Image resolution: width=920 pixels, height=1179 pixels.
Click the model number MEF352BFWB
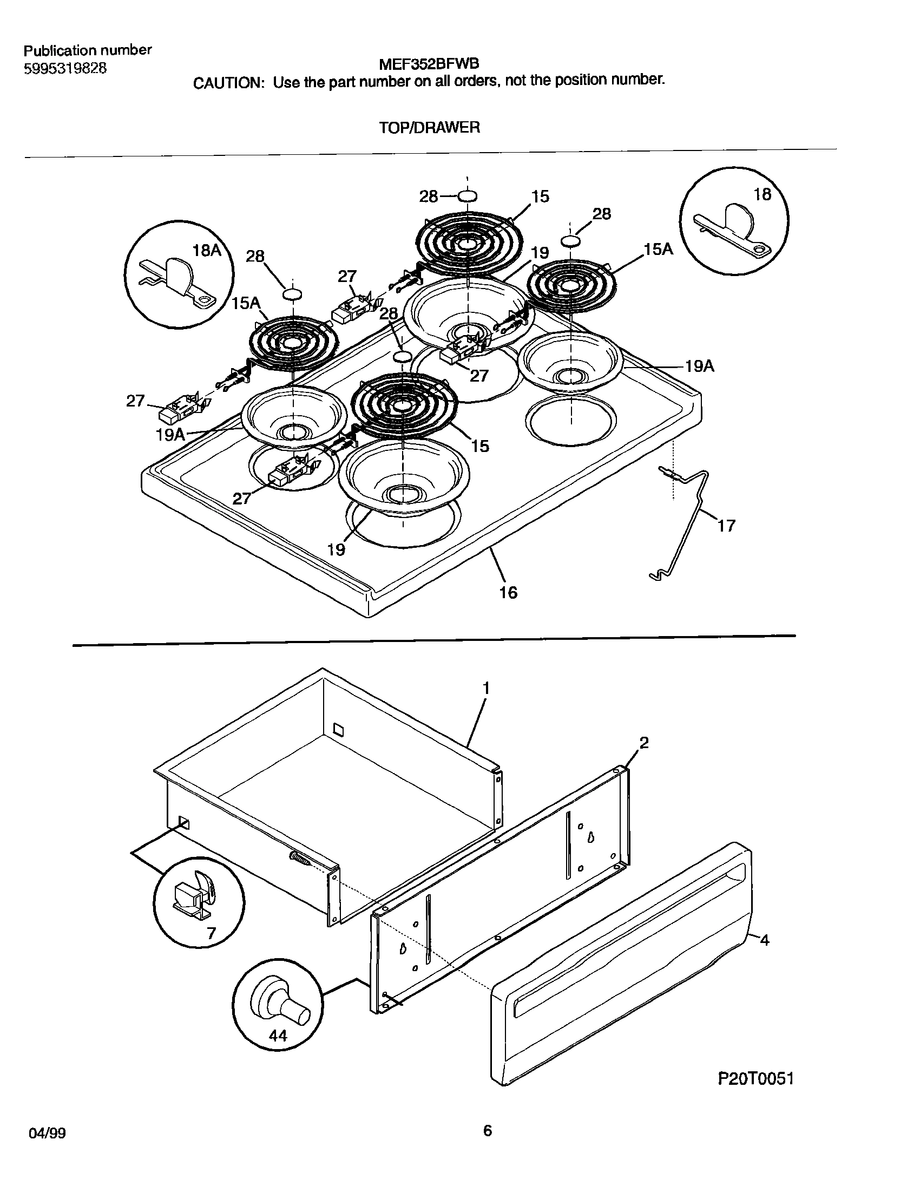428,64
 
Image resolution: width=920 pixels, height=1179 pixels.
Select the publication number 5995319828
65,69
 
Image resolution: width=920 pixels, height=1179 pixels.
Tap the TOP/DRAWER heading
429,128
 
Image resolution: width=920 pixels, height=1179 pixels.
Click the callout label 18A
207,250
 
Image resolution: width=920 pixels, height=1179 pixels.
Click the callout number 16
508,593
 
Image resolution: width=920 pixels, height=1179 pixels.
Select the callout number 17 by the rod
726,525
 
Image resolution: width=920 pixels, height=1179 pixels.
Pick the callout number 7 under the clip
211,933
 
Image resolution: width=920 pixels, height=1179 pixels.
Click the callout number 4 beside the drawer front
764,940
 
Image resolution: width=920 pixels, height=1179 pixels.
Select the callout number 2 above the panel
644,743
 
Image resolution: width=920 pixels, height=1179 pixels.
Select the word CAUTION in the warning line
227,83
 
